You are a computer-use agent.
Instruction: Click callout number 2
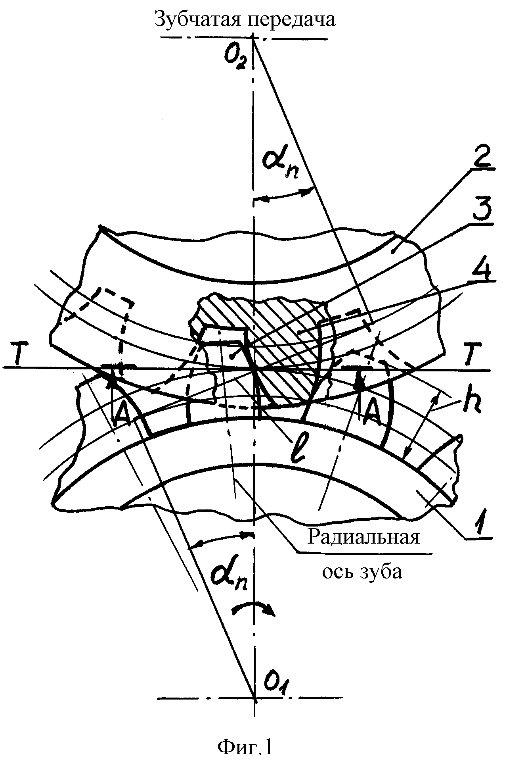pos(480,160)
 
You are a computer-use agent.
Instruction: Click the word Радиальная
pos(363,538)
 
